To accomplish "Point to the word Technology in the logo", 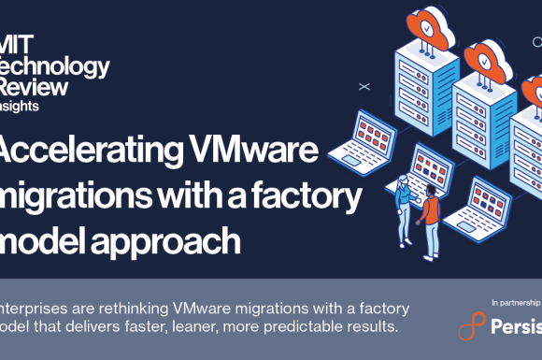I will [x=55, y=67].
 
